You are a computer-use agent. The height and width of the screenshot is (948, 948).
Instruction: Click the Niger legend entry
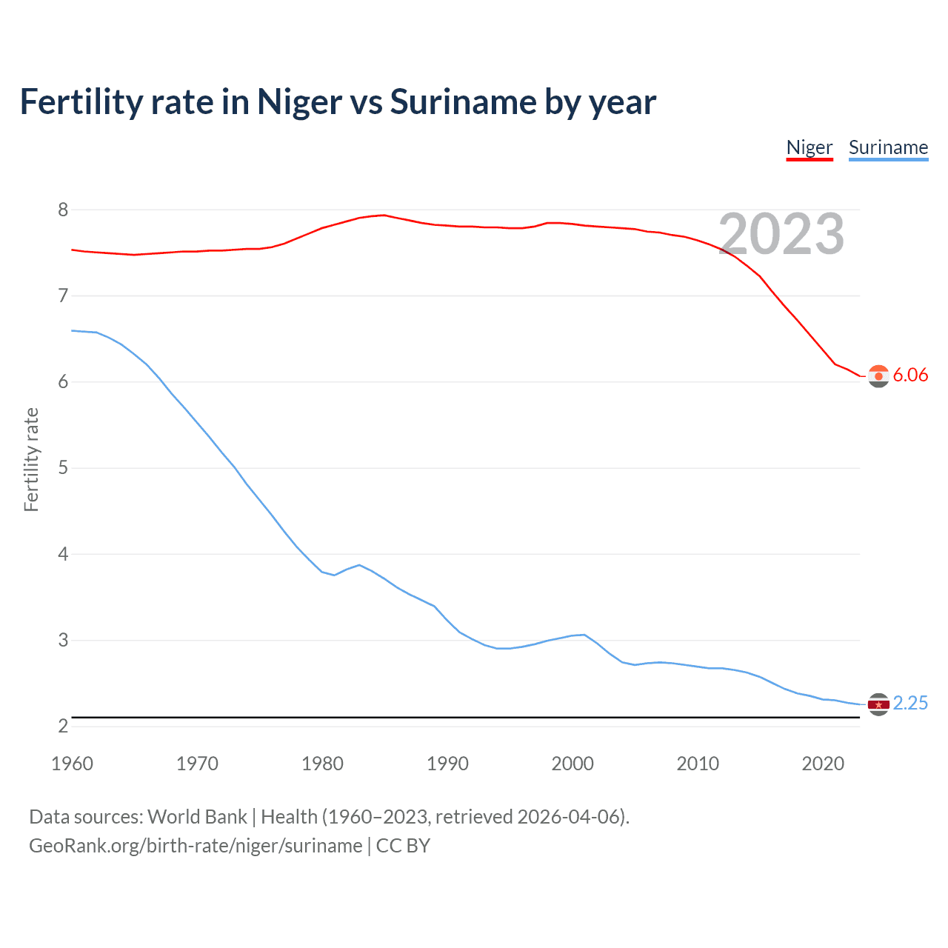809,147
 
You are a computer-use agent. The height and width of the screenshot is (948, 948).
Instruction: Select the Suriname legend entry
888,147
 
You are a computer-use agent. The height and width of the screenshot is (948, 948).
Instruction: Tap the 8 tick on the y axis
63,210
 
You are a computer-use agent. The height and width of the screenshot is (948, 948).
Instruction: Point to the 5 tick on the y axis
63,468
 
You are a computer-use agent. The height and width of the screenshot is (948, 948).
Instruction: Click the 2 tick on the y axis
63,726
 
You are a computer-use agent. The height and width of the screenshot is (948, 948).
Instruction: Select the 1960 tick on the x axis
72,764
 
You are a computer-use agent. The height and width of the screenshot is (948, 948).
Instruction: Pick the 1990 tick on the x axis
447,764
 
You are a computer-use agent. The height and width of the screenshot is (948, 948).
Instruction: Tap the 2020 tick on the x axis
823,764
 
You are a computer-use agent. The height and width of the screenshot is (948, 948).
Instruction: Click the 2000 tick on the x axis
573,764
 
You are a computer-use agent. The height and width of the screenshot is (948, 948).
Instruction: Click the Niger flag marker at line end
878,376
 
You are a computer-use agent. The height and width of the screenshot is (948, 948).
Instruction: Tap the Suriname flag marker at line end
878,704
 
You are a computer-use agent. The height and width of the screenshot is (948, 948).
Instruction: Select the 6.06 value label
910,375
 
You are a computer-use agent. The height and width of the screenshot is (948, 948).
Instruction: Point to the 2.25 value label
910,703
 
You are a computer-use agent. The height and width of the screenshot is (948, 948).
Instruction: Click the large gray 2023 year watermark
781,234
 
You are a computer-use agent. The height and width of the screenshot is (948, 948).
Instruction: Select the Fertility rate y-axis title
31,459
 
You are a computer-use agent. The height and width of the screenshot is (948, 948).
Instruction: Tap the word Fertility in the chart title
81,101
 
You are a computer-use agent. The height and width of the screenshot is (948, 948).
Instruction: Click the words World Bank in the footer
197,817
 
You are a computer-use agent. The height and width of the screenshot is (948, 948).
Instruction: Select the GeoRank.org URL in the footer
196,846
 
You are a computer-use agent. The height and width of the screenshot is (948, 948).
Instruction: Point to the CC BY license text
403,846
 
